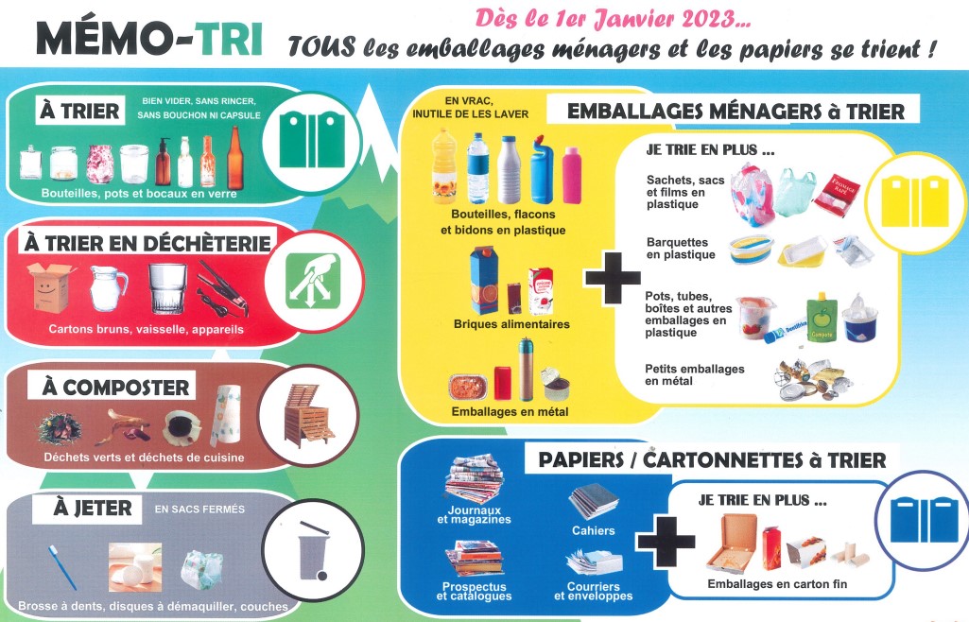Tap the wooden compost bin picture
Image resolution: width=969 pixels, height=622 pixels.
click(307, 415)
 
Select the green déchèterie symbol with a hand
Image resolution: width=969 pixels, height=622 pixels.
click(313, 281)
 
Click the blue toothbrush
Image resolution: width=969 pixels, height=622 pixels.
click(62, 566)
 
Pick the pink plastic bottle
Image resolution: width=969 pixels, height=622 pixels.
click(572, 175)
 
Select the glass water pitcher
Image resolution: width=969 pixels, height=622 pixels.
click(108, 288)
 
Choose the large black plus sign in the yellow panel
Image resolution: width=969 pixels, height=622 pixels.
click(613, 277)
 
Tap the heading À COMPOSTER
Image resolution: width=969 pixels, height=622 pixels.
click(115, 388)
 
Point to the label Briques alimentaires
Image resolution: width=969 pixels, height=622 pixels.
click(511, 324)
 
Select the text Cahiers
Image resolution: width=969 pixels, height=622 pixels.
click(594, 530)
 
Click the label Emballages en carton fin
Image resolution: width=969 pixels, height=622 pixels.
click(777, 584)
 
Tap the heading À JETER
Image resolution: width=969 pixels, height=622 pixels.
click(93, 508)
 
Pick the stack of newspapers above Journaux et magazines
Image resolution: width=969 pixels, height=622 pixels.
click(474, 479)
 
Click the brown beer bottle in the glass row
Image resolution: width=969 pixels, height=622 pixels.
click(234, 158)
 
